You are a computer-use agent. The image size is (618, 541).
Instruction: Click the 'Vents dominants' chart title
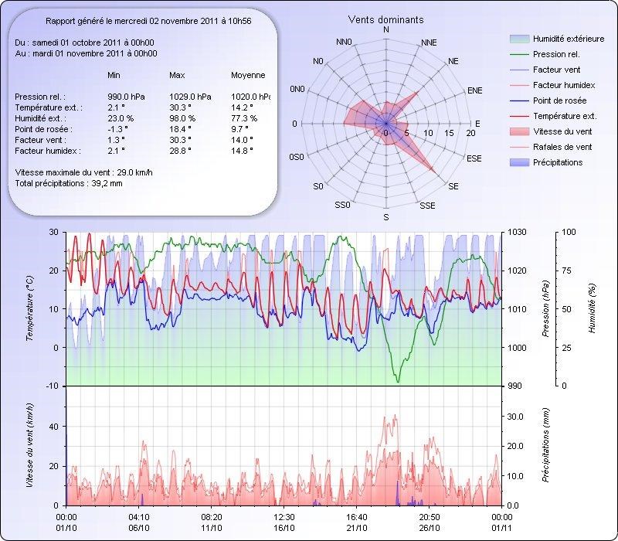pos(386,19)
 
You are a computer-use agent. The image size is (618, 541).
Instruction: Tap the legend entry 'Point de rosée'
pos(559,101)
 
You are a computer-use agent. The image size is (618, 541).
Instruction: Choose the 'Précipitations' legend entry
pos(558,162)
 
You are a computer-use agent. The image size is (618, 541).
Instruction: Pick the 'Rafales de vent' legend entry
pos(562,147)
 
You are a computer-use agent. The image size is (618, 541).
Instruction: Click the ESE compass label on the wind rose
pos(474,158)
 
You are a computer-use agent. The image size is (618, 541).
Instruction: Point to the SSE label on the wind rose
pos(427,206)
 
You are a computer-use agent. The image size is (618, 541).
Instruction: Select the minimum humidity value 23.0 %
pos(121,118)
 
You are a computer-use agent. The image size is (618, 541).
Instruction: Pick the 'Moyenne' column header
pos(248,76)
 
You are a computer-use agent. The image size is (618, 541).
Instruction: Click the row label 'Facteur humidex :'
pos(46,151)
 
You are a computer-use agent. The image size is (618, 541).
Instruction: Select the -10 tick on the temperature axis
pos(52,386)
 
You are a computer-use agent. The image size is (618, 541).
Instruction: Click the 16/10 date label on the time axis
pos(284,527)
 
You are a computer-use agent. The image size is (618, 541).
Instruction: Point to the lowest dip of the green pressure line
pos(399,381)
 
